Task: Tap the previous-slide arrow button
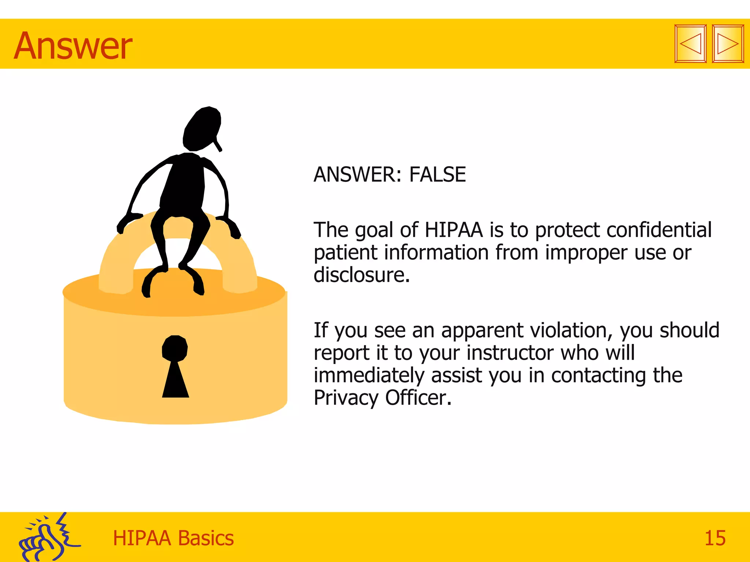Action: (x=690, y=44)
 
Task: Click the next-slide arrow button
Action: (x=728, y=44)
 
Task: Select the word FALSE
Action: (x=437, y=175)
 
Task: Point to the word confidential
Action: (x=659, y=230)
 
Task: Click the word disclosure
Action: (x=361, y=275)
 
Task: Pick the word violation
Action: (x=571, y=330)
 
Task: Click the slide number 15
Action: (x=715, y=538)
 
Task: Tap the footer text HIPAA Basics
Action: (x=173, y=538)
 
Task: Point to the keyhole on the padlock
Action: (x=175, y=366)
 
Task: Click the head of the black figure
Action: (x=202, y=128)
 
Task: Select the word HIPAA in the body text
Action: (x=454, y=230)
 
